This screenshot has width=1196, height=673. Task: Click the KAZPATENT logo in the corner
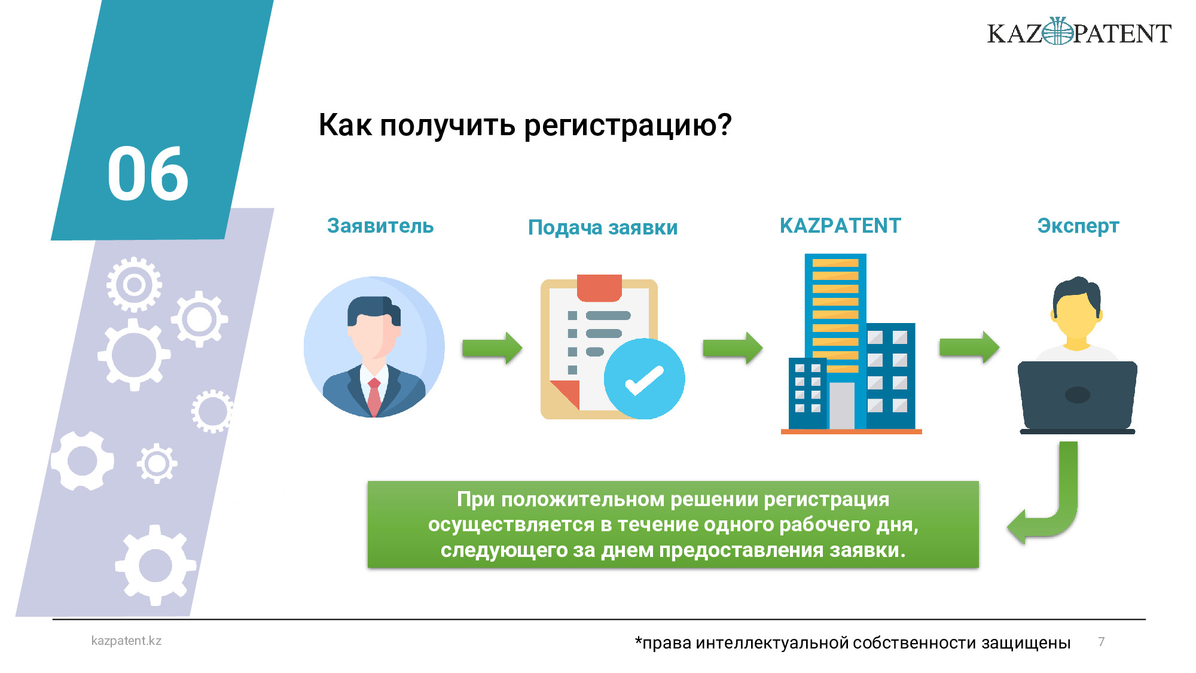pyautogui.click(x=1079, y=32)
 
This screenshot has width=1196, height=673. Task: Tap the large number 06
pyautogui.click(x=148, y=173)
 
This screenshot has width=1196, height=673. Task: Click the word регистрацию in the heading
pyautogui.click(x=628, y=126)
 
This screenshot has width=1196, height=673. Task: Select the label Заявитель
pyautogui.click(x=380, y=226)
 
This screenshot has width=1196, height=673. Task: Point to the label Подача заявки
pyautogui.click(x=603, y=227)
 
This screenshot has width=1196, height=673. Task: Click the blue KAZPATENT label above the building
pyautogui.click(x=840, y=226)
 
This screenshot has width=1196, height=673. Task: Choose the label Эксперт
pyautogui.click(x=1078, y=226)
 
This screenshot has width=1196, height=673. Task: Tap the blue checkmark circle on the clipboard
pyautogui.click(x=644, y=379)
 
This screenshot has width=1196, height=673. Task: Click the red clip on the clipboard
pyautogui.click(x=599, y=288)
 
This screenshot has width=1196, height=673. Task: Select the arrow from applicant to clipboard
pyautogui.click(x=492, y=348)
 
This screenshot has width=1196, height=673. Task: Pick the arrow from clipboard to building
pyautogui.click(x=733, y=348)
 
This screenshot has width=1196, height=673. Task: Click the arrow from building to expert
pyautogui.click(x=969, y=347)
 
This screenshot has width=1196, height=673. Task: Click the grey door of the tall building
pyautogui.click(x=842, y=406)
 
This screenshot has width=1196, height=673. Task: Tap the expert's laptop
pyautogui.click(x=1078, y=397)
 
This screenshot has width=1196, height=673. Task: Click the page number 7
pyautogui.click(x=1102, y=641)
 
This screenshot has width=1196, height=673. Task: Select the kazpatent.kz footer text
pyautogui.click(x=126, y=641)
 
